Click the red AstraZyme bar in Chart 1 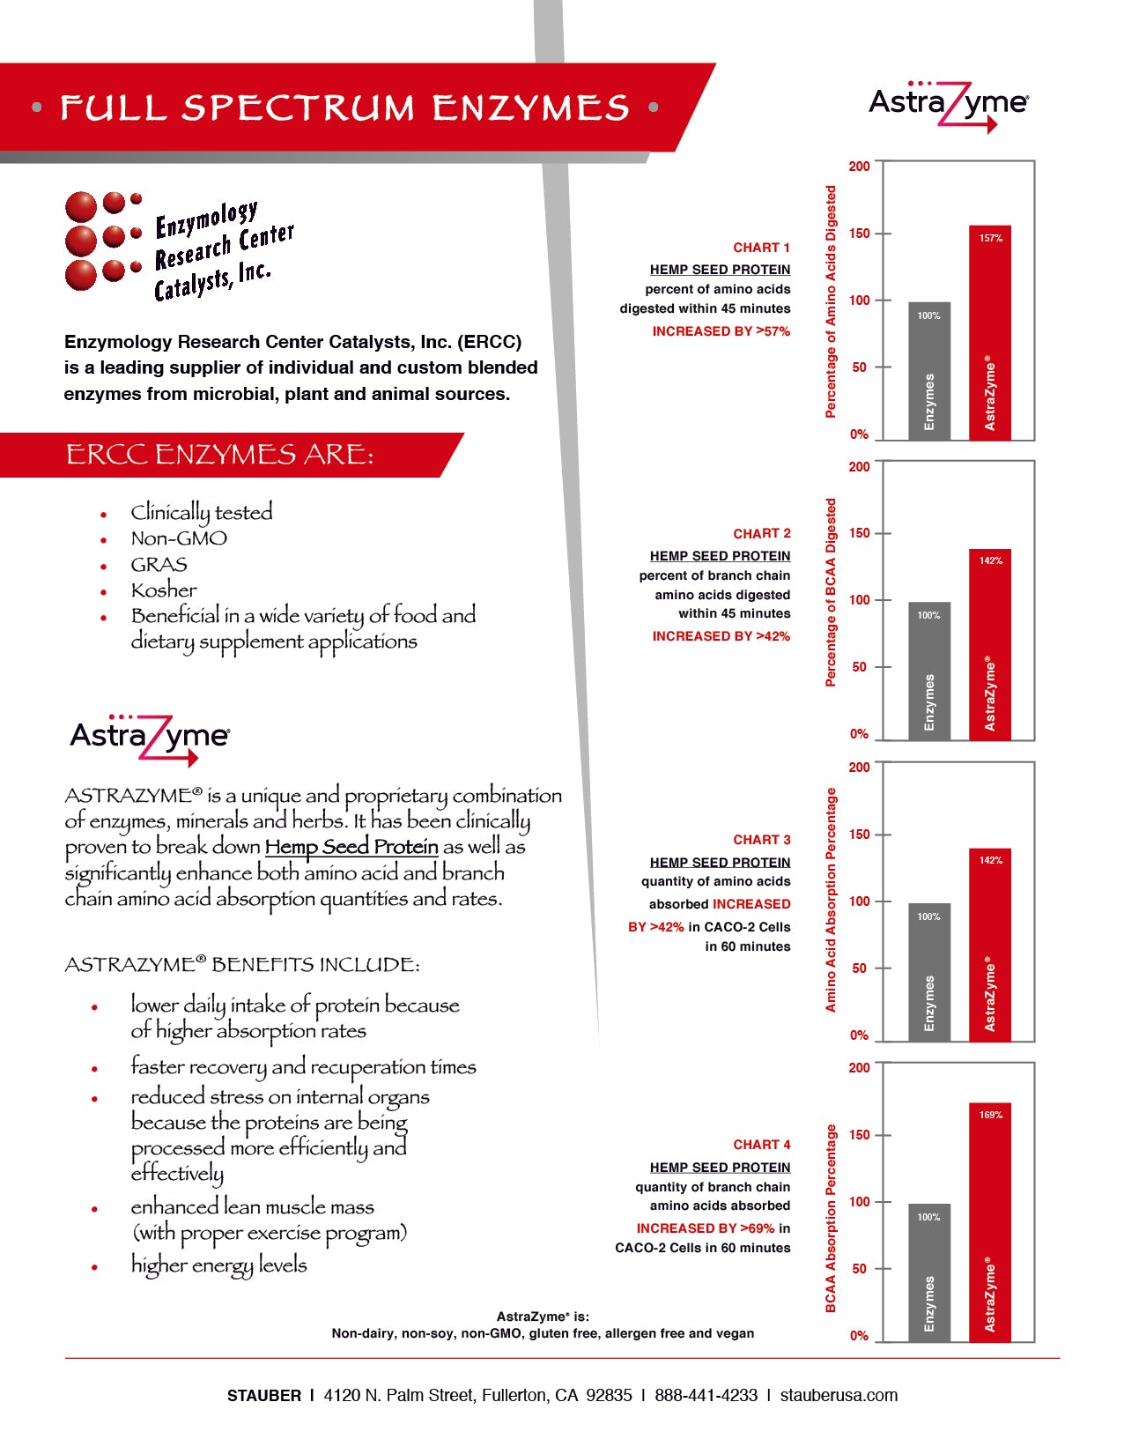989,333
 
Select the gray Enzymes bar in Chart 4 928,1272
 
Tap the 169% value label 990,1115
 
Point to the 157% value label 990,238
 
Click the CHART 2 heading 761,533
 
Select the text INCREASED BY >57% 721,331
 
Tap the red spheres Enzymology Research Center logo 103,241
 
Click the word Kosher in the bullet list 164,590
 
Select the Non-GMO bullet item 179,538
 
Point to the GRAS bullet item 159,565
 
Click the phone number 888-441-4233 706,1395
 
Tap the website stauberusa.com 839,1395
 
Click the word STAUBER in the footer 263,1396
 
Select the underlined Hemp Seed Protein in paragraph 351,847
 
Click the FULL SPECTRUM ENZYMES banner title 344,108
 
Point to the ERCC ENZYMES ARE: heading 219,455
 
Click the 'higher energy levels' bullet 218,1265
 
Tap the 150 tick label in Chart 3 859,835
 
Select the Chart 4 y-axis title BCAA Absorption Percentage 831,1218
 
